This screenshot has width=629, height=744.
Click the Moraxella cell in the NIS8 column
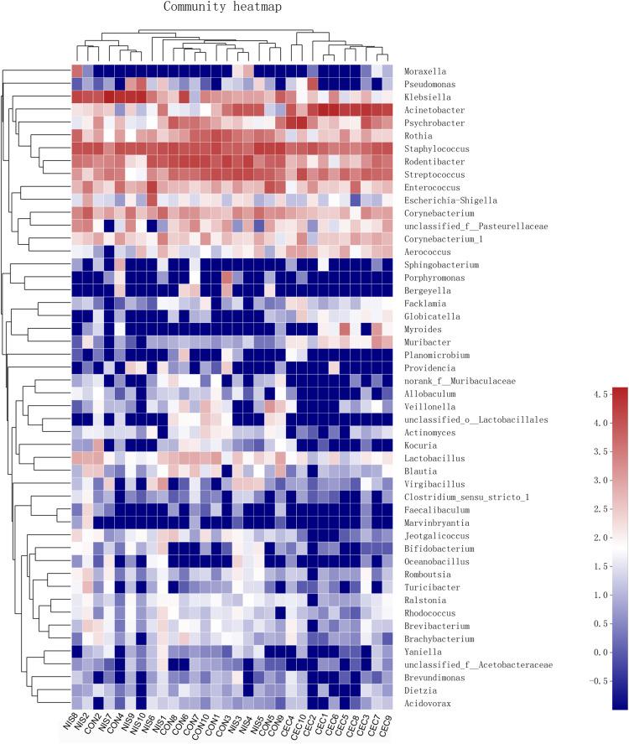77,70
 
